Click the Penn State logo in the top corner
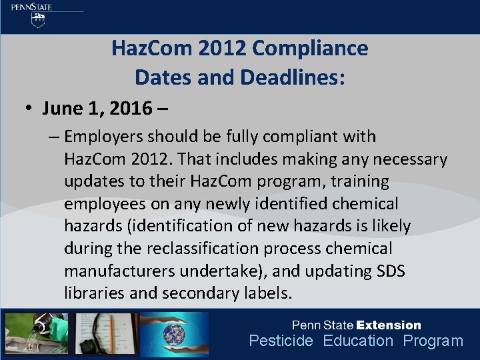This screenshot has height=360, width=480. point(40,15)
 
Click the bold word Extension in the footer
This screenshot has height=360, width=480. point(389,325)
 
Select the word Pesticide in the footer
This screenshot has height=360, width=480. point(281,341)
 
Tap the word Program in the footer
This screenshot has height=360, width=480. point(433,341)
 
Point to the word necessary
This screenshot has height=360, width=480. point(406,159)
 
